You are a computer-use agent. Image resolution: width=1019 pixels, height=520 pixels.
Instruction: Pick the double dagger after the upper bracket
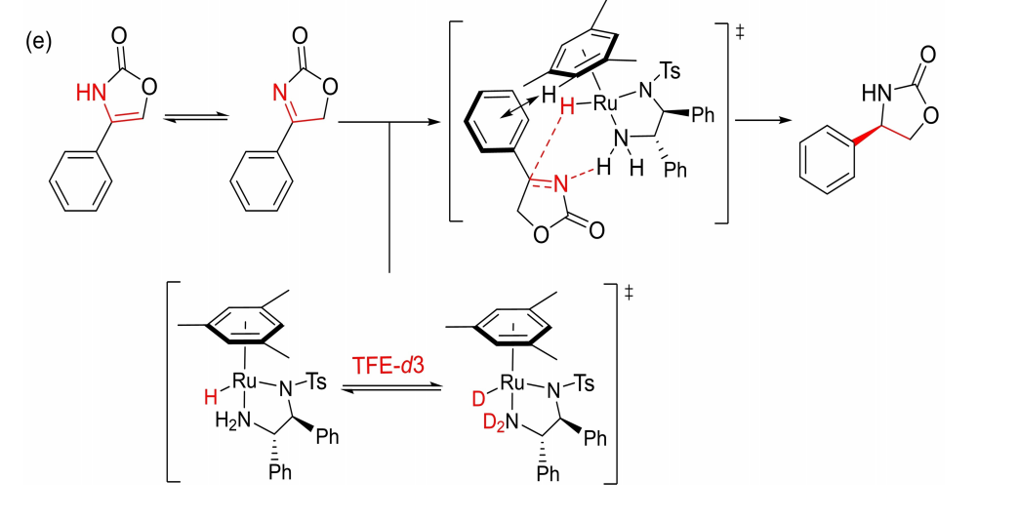[x=740, y=33]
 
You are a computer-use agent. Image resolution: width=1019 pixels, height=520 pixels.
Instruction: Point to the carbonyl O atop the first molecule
[x=119, y=38]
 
